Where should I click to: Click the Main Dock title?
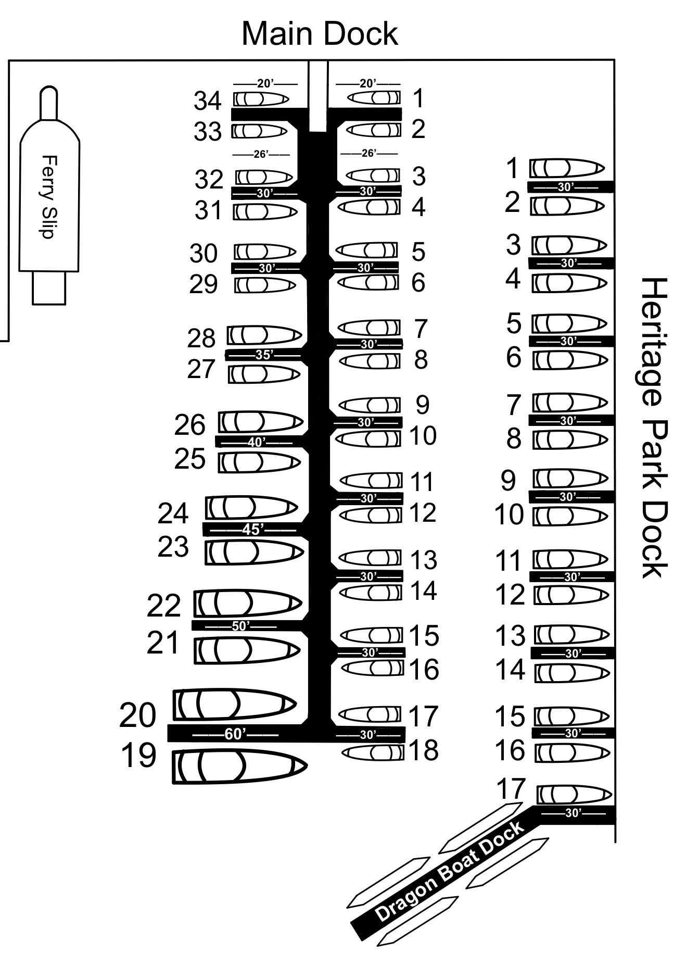coord(320,33)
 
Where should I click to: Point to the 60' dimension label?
coord(235,734)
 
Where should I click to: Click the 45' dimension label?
coord(251,529)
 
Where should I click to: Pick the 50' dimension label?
coord(240,626)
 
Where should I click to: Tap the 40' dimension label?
coord(256,442)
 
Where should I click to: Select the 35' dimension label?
coord(264,355)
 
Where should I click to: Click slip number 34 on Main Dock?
coord(208,100)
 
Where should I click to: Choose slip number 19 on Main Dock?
coord(138,755)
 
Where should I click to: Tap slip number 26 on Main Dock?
coord(190,424)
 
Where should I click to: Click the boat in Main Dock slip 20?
coord(235,705)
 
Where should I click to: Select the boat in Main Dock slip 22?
coord(248,604)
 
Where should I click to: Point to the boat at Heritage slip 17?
coord(575,795)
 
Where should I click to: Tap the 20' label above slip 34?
coord(265,83)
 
